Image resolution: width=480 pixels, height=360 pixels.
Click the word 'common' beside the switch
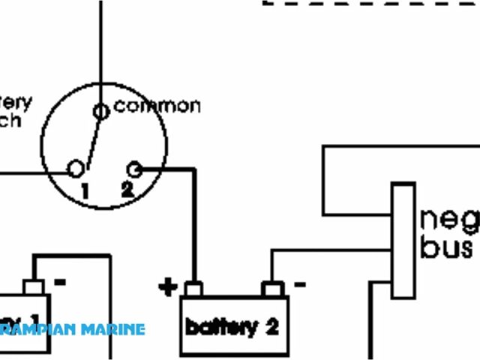click(x=157, y=106)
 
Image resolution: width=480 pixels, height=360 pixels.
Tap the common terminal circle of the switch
click(x=100, y=112)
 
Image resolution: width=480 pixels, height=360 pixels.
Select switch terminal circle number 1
click(x=76, y=169)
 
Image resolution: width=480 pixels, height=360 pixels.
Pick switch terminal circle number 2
click(x=135, y=168)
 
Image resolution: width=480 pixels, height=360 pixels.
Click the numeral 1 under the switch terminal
click(x=85, y=191)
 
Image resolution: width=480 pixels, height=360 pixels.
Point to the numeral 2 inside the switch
click(x=127, y=190)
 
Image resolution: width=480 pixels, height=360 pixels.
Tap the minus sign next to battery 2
click(x=299, y=284)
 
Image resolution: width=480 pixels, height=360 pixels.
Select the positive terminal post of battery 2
click(x=193, y=289)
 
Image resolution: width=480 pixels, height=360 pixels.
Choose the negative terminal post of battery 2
click(x=271, y=289)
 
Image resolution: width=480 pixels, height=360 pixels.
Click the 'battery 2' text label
click(x=232, y=327)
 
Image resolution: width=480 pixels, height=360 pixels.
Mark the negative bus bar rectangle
click(x=403, y=241)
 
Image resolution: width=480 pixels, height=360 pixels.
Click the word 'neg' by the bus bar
click(x=448, y=220)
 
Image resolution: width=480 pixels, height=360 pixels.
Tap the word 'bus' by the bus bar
click(x=446, y=247)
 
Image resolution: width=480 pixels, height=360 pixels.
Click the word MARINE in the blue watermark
click(x=112, y=329)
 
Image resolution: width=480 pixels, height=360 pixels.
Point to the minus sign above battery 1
click(x=60, y=283)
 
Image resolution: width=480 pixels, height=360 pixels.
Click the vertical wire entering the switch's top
click(x=100, y=45)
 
